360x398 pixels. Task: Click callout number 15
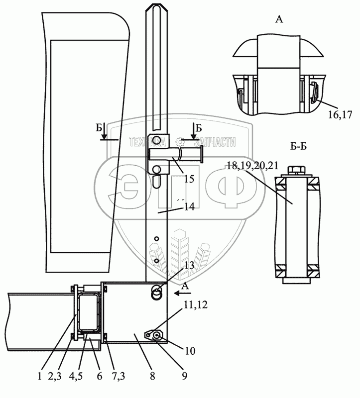pos(189,179)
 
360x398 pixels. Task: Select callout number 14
pos(189,207)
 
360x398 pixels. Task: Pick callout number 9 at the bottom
pos(185,376)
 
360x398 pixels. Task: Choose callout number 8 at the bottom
pos(152,376)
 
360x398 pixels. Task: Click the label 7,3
pos(118,376)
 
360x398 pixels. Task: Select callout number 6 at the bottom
pos(100,376)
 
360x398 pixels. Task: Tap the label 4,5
pos(76,376)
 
